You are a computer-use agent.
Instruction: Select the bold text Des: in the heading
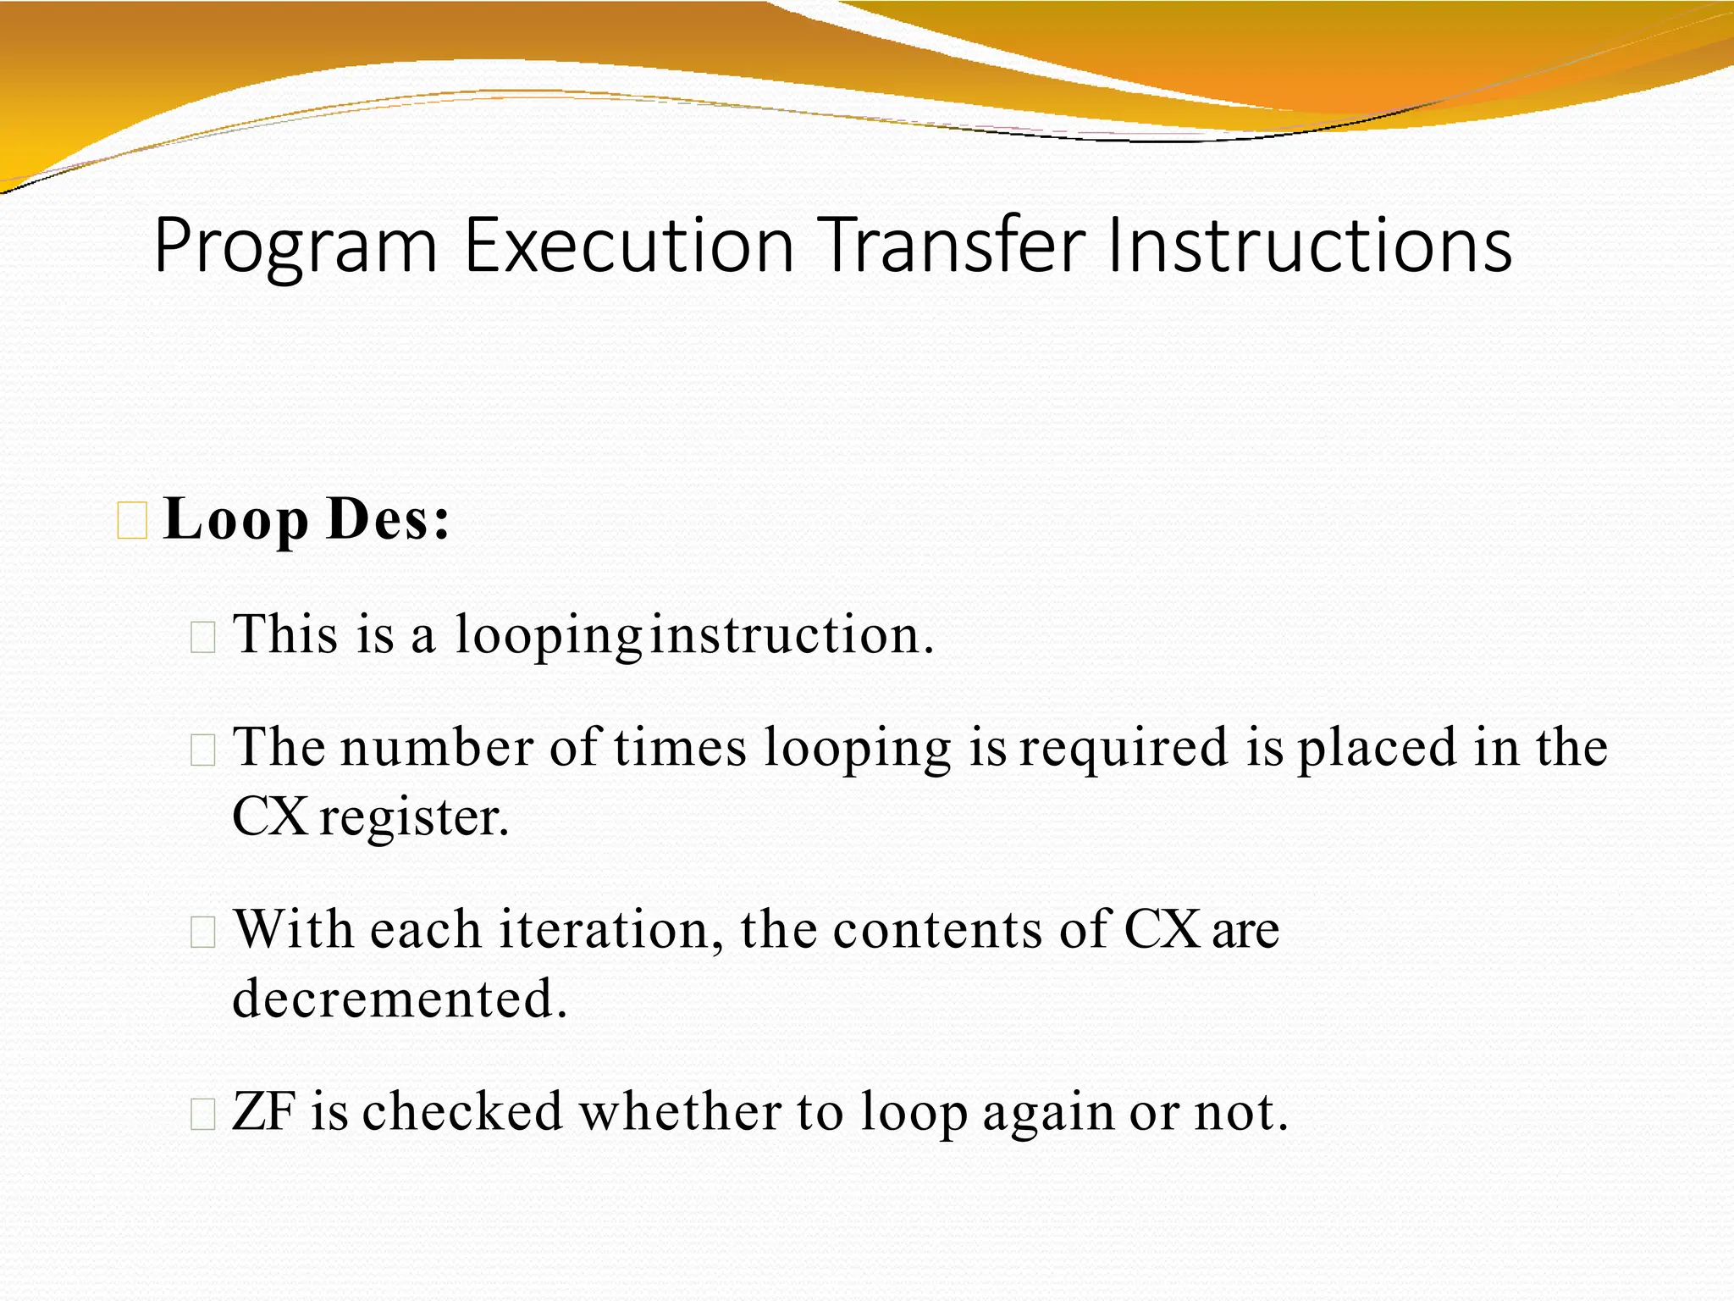388,518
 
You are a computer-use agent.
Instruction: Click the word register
414,818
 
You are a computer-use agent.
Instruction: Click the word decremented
399,999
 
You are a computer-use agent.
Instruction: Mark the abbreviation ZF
263,1112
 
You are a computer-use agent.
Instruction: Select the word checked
462,1112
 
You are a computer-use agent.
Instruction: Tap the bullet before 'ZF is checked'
203,1115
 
